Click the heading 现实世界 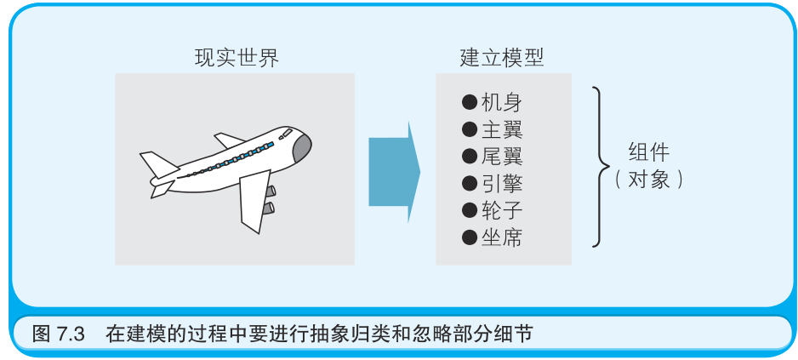point(237,58)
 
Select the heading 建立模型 point(502,58)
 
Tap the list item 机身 point(501,103)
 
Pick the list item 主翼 point(501,129)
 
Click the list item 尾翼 point(501,157)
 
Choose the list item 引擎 point(501,183)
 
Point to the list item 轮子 point(501,210)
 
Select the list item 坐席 point(501,237)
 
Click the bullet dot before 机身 point(469,103)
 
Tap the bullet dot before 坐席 point(469,237)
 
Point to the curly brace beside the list point(601,166)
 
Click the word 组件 point(649,153)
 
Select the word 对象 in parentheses point(648,180)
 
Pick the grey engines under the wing point(270,199)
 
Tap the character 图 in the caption point(41,334)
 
